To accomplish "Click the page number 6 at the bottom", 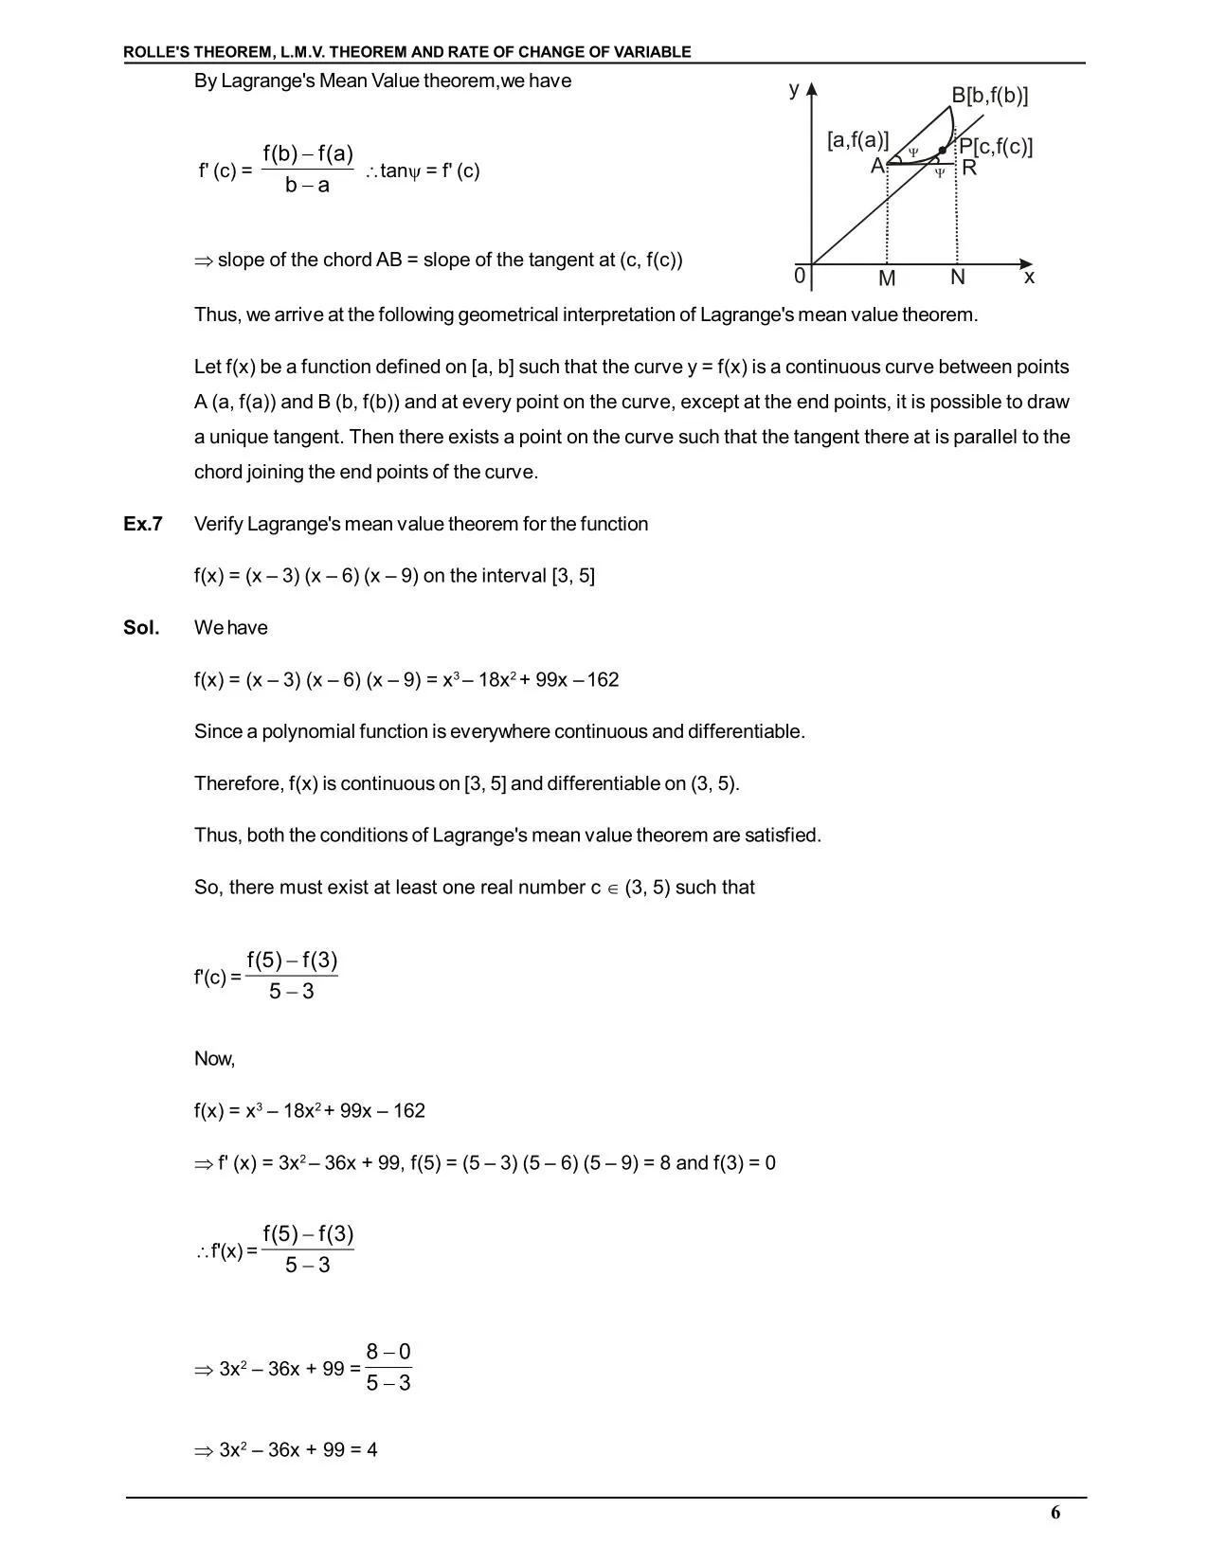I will (1055, 1513).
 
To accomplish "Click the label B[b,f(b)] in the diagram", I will (990, 96).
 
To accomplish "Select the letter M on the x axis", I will (887, 278).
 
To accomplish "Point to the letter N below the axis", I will (958, 278).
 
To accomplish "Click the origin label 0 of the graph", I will (800, 276).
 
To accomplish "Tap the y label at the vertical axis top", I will (794, 89).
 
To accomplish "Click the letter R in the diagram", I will (969, 169).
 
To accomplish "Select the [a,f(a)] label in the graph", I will (857, 141).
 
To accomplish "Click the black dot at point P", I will (942, 151).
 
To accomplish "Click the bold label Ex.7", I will (143, 524).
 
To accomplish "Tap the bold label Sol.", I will (141, 628).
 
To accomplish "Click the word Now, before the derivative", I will (214, 1059).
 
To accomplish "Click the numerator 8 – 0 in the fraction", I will (388, 1352).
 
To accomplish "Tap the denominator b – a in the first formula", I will (308, 186).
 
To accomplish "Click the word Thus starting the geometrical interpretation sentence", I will (217, 314).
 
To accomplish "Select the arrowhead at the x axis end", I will (1026, 263).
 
